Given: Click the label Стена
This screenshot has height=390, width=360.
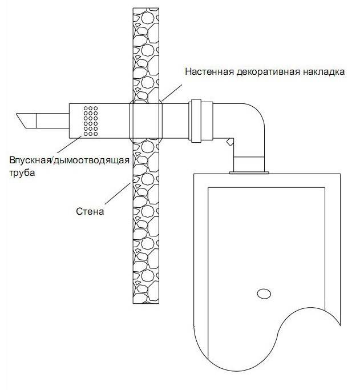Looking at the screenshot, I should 90,212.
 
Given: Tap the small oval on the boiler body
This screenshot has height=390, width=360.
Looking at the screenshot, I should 263,294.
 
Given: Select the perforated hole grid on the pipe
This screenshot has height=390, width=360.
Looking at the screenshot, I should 91,120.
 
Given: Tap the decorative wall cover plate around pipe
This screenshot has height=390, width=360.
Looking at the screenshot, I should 145,121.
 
